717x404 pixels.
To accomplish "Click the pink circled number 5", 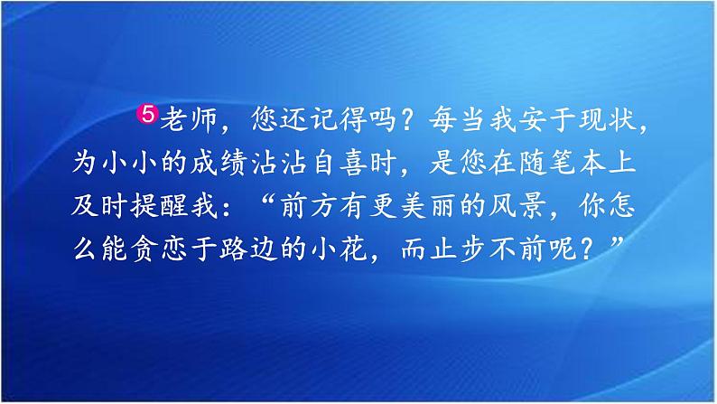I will click(x=149, y=115).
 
